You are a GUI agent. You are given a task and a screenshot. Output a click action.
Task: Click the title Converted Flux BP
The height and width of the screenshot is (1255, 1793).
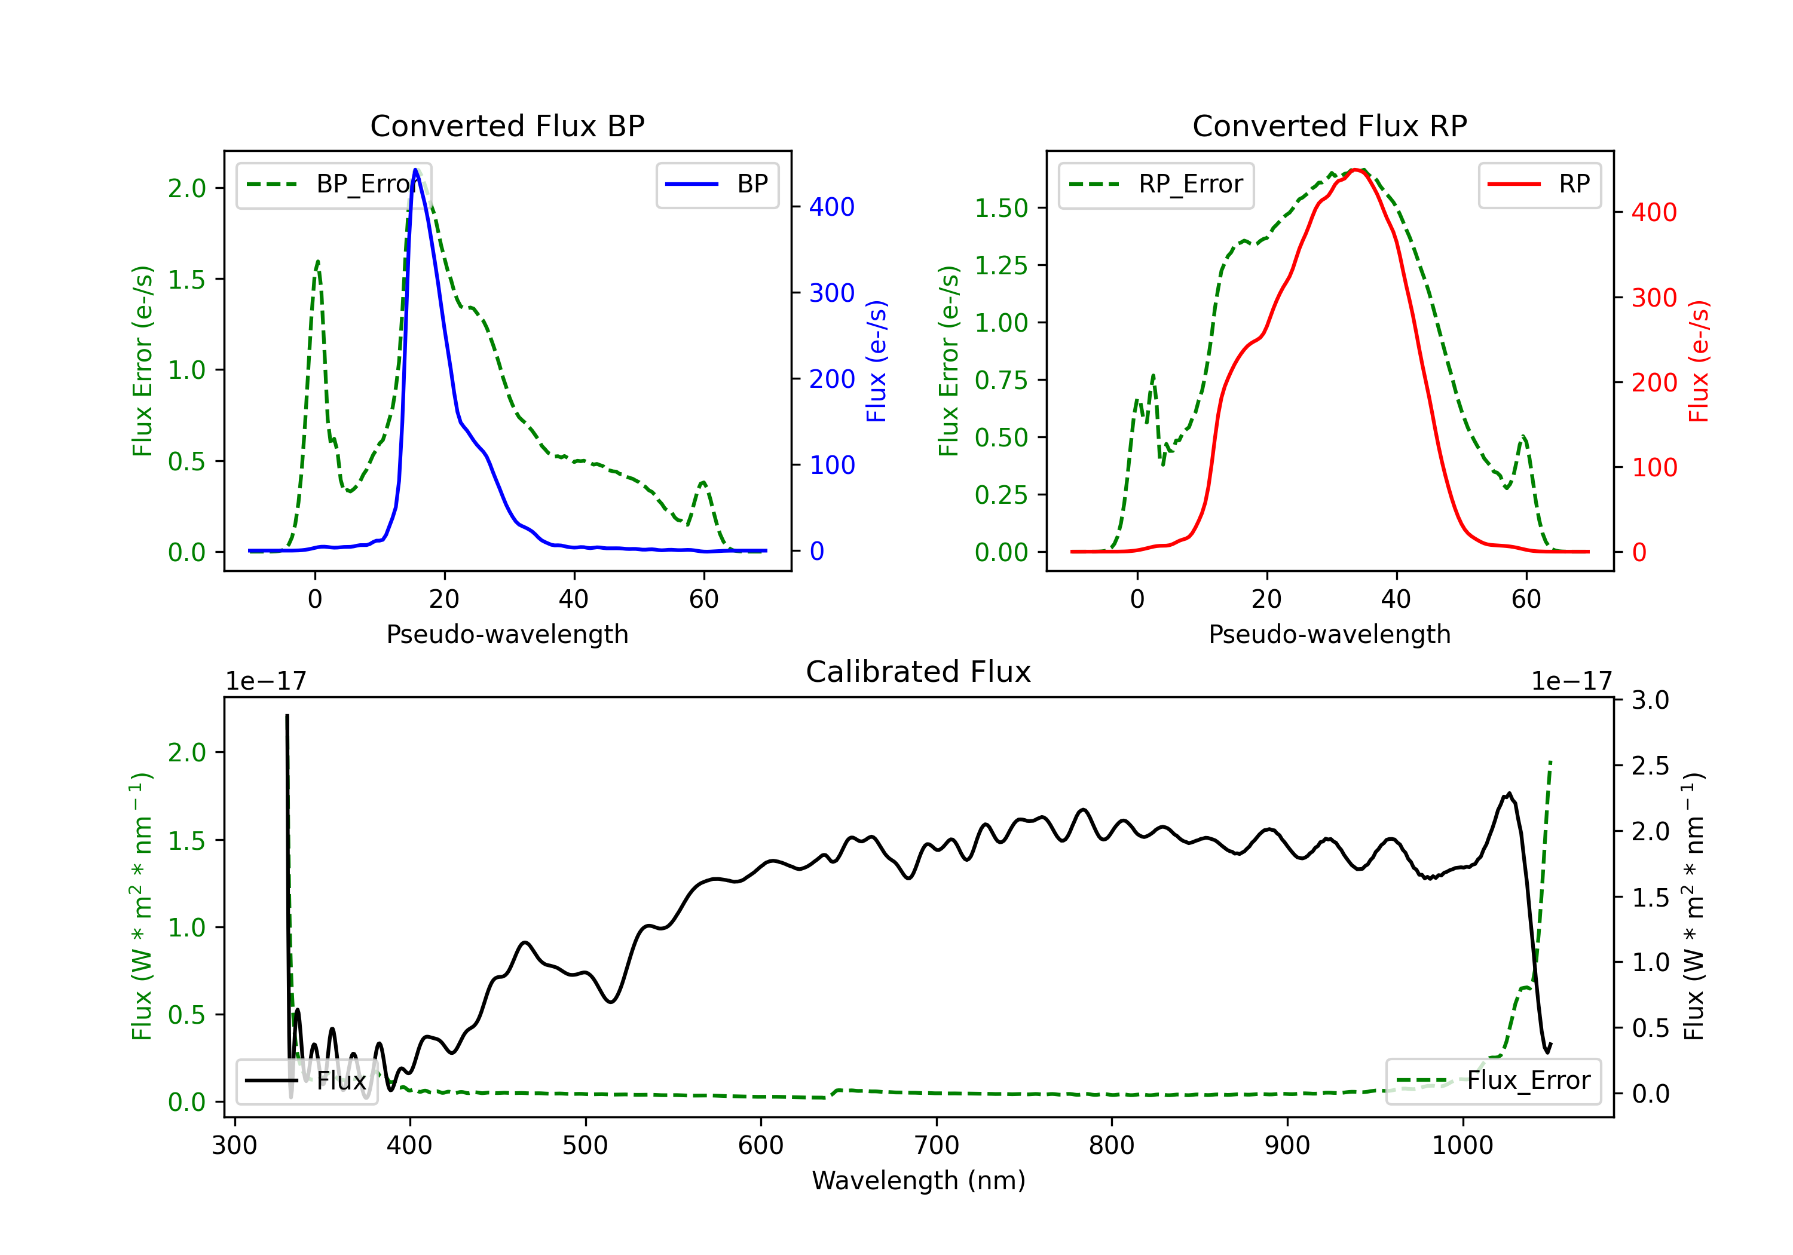[507, 125]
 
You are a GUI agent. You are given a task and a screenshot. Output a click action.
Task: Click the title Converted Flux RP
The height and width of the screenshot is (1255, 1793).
[1329, 125]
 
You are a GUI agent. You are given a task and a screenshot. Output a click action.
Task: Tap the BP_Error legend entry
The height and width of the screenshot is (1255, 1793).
[333, 185]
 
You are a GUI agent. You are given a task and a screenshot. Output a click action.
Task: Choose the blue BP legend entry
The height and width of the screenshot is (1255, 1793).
[717, 185]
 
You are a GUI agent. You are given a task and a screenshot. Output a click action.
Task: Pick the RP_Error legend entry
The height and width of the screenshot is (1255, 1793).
[1156, 185]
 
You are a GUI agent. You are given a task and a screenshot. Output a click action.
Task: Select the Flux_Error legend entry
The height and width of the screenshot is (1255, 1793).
[1493, 1081]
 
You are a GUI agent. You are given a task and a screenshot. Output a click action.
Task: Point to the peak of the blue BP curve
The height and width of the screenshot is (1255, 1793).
[415, 170]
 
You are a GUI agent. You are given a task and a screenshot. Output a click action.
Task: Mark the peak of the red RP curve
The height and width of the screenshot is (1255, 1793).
[1357, 170]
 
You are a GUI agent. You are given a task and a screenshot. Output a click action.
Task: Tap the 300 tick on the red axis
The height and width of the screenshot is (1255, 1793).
[1654, 298]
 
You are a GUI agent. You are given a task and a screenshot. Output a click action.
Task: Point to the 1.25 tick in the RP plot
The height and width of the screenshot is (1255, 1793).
[1000, 265]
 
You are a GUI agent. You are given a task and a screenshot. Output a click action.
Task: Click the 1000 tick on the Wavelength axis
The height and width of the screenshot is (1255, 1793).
[1462, 1146]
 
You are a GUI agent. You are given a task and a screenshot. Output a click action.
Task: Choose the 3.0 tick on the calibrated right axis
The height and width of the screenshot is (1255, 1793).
[1650, 700]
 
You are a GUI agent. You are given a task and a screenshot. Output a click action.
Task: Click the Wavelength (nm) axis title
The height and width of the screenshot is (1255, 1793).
[919, 1181]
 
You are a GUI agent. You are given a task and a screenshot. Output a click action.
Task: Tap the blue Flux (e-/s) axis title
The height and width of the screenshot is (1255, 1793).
[876, 361]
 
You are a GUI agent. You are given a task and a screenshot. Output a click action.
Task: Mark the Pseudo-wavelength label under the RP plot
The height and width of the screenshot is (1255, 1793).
[1329, 634]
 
